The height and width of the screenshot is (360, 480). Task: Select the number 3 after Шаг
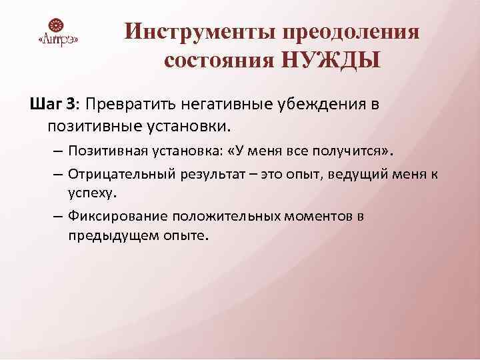click(71, 105)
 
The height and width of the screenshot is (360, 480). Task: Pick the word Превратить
click(133, 105)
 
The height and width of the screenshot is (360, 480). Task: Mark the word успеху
click(91, 193)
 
